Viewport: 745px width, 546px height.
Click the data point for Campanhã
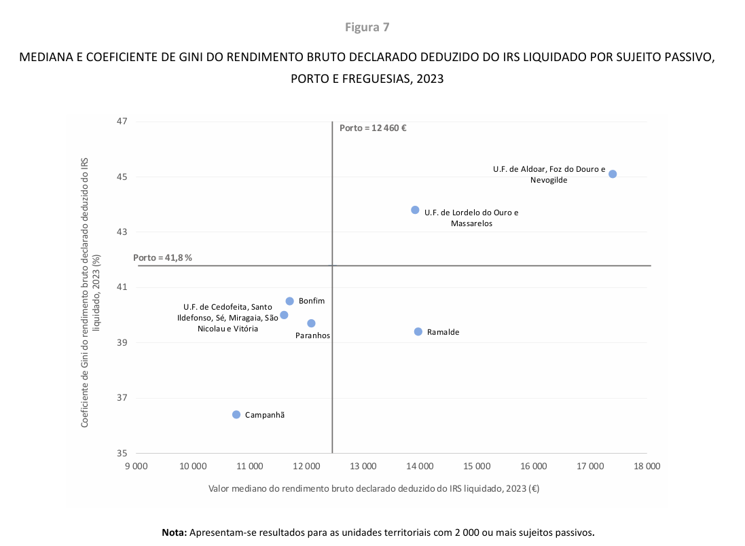click(x=236, y=414)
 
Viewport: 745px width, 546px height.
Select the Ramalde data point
click(x=418, y=331)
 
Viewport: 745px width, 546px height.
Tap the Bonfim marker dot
click(x=289, y=301)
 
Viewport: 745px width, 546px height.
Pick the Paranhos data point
click(x=311, y=323)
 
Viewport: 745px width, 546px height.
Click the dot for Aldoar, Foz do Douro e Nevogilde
click(x=613, y=174)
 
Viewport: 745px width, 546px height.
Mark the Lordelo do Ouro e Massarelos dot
click(x=415, y=210)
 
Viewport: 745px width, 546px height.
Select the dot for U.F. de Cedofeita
click(x=284, y=315)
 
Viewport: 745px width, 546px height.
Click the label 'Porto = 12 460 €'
click(x=373, y=128)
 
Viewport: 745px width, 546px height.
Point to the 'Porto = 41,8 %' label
click(x=163, y=258)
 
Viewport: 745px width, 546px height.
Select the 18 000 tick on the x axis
click(x=647, y=466)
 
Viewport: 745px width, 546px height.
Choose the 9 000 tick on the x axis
click(x=137, y=466)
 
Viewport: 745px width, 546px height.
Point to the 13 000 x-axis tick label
click(x=363, y=466)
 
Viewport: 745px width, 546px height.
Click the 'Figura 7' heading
click(x=367, y=27)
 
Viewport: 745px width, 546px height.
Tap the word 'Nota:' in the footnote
click(x=175, y=532)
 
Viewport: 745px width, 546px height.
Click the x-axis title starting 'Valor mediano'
click(x=374, y=488)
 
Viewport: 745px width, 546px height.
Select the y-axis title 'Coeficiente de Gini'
click(x=90, y=292)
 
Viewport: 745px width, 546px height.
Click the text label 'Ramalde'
click(x=443, y=332)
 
